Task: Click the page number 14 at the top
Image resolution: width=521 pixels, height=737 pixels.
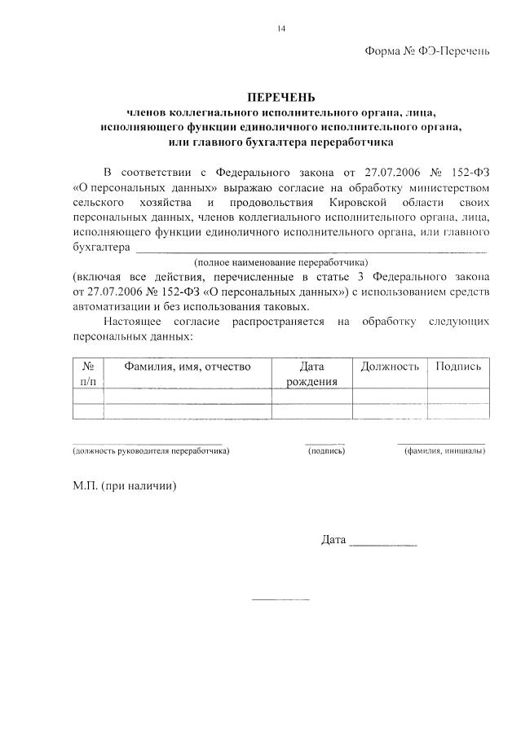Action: coord(280,29)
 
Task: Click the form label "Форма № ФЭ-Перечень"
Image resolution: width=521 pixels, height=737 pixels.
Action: coord(426,51)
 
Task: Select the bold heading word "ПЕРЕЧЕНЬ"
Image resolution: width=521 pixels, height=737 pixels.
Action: coord(280,99)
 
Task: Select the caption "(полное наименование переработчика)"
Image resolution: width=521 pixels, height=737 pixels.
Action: coord(280,262)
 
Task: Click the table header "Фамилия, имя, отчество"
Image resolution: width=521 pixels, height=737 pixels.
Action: coord(187,366)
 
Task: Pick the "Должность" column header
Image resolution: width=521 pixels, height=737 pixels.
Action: coord(390,366)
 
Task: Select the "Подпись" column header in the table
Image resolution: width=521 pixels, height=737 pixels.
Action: coord(458,366)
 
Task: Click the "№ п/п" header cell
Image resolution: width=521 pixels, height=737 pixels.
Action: coord(88,374)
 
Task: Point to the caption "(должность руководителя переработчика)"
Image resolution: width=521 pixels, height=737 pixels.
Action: coord(151,450)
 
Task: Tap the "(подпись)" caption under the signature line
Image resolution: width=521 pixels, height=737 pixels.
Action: coord(326,450)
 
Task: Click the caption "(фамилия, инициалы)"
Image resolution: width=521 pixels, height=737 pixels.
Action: coord(444,450)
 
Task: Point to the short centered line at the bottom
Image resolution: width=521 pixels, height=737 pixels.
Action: coord(280,600)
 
